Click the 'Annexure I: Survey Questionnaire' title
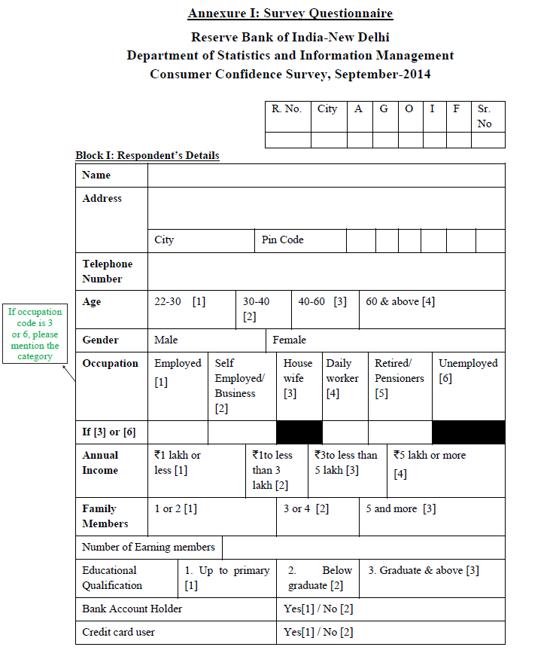pyautogui.click(x=290, y=14)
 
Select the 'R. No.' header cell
pyautogui.click(x=287, y=109)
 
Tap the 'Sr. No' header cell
pyautogui.click(x=485, y=116)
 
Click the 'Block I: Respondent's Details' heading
pyautogui.click(x=147, y=155)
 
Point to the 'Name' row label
pyautogui.click(x=96, y=175)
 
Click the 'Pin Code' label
pyautogui.click(x=283, y=240)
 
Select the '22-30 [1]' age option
pyautogui.click(x=180, y=301)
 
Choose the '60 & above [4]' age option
pyautogui.click(x=400, y=301)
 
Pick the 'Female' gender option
pyautogui.click(x=290, y=340)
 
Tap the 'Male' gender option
pyautogui.click(x=166, y=340)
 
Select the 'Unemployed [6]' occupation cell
pyautogui.click(x=468, y=371)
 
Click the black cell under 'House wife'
pyautogui.click(x=299, y=432)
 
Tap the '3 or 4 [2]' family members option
pyautogui.click(x=306, y=508)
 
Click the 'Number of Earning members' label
pyautogui.click(x=148, y=547)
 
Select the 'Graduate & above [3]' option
pyautogui.click(x=424, y=570)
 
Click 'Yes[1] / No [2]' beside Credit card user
pyautogui.click(x=318, y=632)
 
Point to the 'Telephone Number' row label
pyautogui.click(x=107, y=271)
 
